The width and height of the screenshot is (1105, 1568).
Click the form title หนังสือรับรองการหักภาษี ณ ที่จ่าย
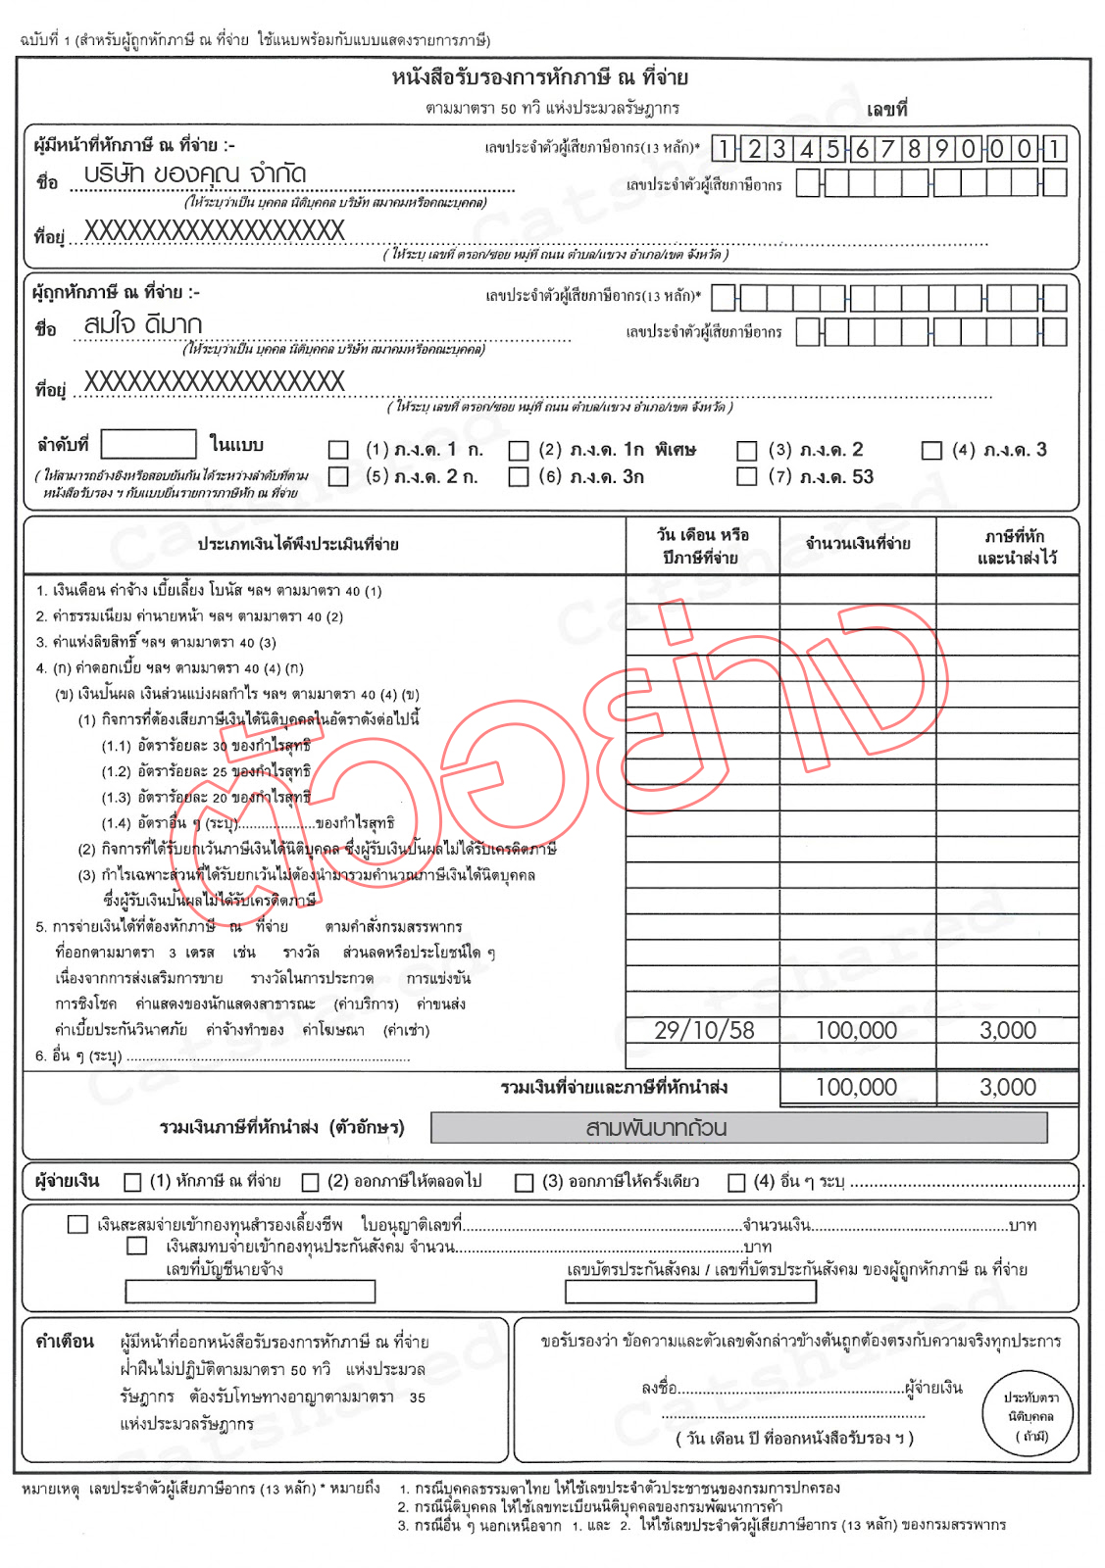[539, 77]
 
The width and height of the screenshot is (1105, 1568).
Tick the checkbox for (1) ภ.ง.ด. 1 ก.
[338, 450]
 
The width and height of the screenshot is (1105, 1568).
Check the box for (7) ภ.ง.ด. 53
[747, 477]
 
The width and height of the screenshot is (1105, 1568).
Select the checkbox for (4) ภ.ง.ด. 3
[931, 450]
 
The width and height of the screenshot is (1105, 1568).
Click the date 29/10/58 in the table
[704, 1030]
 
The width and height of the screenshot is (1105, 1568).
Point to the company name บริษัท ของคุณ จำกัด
[195, 174]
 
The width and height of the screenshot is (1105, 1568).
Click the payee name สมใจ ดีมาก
[143, 324]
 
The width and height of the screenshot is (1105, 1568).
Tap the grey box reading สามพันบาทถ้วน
[738, 1128]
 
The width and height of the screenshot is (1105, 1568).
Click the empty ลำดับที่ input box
[148, 444]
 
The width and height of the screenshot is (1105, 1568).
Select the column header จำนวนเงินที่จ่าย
[858, 544]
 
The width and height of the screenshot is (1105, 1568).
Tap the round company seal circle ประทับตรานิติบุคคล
[1028, 1414]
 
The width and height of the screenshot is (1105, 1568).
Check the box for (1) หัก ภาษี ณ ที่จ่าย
[133, 1182]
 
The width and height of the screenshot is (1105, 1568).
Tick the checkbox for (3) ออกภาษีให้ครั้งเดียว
[525, 1182]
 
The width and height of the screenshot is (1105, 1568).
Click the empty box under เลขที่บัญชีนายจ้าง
[250, 1292]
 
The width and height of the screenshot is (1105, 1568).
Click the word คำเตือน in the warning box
[65, 1341]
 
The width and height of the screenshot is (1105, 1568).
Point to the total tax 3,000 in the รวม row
[1007, 1087]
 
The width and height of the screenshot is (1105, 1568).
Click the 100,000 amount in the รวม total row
[856, 1087]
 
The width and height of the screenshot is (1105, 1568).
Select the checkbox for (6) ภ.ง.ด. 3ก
[519, 477]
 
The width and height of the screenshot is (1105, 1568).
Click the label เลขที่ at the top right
[886, 109]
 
